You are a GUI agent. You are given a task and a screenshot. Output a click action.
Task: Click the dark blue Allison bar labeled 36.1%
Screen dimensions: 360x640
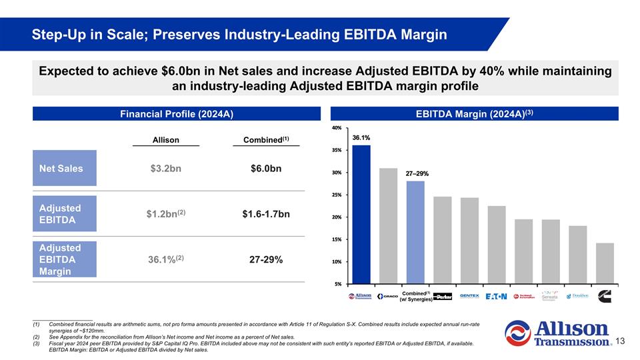coord(361,214)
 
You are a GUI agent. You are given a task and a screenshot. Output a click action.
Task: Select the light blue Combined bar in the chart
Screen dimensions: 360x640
coord(415,232)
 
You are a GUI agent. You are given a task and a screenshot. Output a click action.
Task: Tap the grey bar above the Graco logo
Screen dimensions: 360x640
coord(388,225)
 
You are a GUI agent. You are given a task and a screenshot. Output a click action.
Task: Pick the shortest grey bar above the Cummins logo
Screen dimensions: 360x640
coord(605,263)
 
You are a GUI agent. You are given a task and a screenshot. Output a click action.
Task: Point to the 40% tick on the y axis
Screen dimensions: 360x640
coord(337,127)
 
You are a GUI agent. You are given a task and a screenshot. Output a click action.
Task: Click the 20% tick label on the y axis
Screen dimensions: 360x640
coord(337,217)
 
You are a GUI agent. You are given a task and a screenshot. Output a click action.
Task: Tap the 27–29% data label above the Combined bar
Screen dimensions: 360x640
coord(418,173)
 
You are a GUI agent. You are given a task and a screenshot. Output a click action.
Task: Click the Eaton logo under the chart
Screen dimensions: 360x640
coord(497,296)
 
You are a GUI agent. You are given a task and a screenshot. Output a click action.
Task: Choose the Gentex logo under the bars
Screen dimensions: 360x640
coord(469,296)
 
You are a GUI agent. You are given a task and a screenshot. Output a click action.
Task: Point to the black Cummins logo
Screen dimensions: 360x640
coord(605,296)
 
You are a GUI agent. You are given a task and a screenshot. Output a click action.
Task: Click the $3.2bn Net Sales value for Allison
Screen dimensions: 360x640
coord(165,169)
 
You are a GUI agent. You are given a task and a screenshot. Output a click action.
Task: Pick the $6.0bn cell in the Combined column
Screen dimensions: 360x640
coord(266,169)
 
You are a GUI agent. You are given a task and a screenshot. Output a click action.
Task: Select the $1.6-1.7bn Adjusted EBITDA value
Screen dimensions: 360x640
coord(266,214)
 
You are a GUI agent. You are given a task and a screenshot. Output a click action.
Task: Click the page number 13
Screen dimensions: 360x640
coord(620,341)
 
